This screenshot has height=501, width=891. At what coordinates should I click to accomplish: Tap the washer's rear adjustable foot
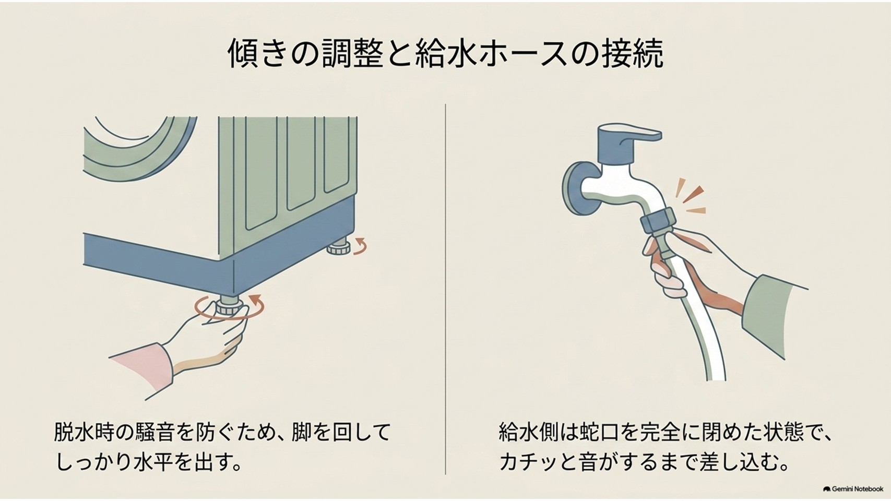(339, 246)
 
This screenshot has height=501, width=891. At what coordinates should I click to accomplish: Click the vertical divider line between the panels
(446, 289)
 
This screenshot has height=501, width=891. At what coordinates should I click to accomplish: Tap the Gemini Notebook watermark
(853, 488)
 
